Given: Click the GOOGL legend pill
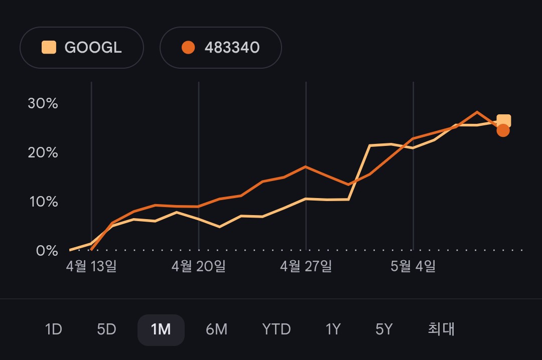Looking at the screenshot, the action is tap(82, 47).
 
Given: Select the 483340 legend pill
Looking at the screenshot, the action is tap(220, 47).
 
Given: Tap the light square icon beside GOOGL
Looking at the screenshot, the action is tap(49, 47).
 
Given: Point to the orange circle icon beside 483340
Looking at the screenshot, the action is tap(188, 47).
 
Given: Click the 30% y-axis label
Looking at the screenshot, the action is tap(43, 103).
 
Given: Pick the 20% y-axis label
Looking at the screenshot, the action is tap(43, 152).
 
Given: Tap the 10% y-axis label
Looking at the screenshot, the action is tap(44, 202).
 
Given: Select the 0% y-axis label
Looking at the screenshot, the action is tap(47, 251).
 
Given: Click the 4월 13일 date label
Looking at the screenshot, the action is tap(91, 266).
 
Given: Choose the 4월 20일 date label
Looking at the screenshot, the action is tap(198, 266).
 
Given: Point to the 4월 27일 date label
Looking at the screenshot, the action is tap(306, 266).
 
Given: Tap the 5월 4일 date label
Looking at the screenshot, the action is tap(413, 266).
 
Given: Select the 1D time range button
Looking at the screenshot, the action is tap(54, 329).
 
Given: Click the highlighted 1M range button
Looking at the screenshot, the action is tap(161, 330).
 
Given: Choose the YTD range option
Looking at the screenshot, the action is tap(276, 329).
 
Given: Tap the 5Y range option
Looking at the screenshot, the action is tap(384, 329).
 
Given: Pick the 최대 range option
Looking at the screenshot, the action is tap(441, 329).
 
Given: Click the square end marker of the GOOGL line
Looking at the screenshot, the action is tap(504, 120).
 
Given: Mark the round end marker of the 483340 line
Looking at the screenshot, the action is tap(503, 130).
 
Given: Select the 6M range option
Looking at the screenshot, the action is tap(216, 329).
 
